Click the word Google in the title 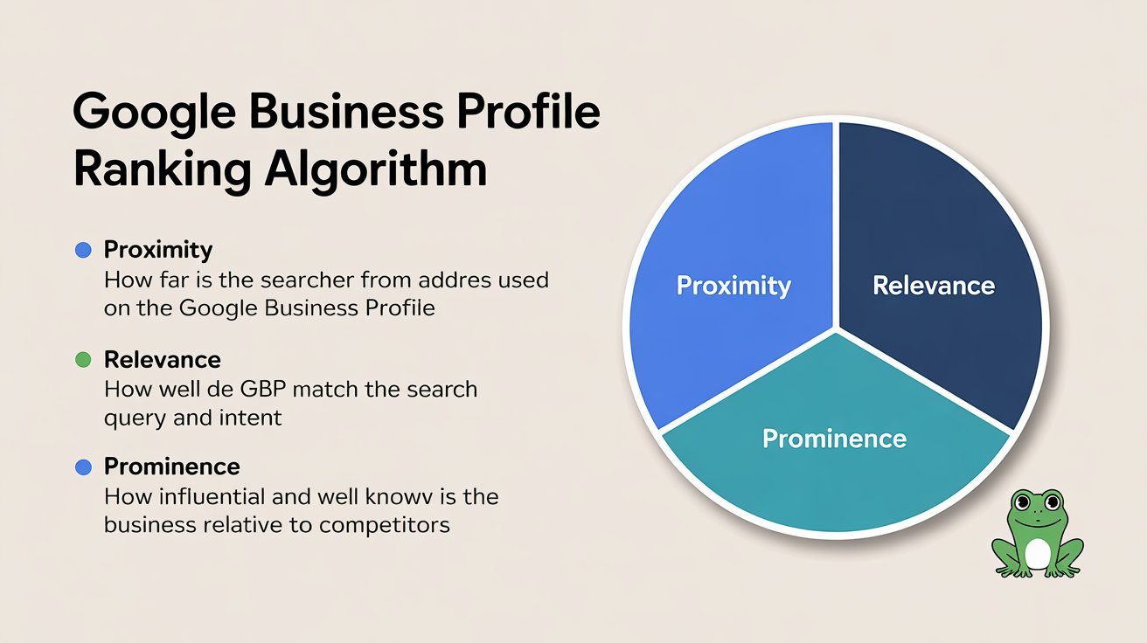click(x=154, y=113)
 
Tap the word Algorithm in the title click(x=376, y=169)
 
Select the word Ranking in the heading click(x=162, y=171)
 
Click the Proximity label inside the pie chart click(x=733, y=286)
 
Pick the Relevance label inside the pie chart click(x=934, y=286)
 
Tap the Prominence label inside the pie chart click(x=834, y=439)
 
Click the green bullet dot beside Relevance click(x=83, y=360)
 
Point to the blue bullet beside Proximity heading click(x=83, y=250)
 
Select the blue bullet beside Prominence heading click(x=83, y=467)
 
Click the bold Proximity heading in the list click(x=158, y=250)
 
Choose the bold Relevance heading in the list click(x=163, y=360)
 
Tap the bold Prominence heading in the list click(x=172, y=467)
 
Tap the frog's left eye click(x=1020, y=503)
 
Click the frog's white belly click(x=1037, y=554)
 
